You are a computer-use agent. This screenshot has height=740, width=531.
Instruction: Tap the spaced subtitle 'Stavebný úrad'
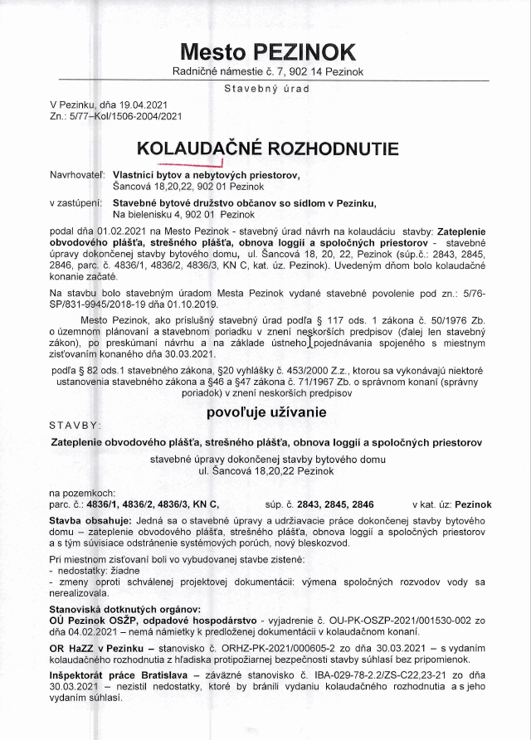(266, 87)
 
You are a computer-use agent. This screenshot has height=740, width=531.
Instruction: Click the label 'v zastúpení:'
(76, 202)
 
